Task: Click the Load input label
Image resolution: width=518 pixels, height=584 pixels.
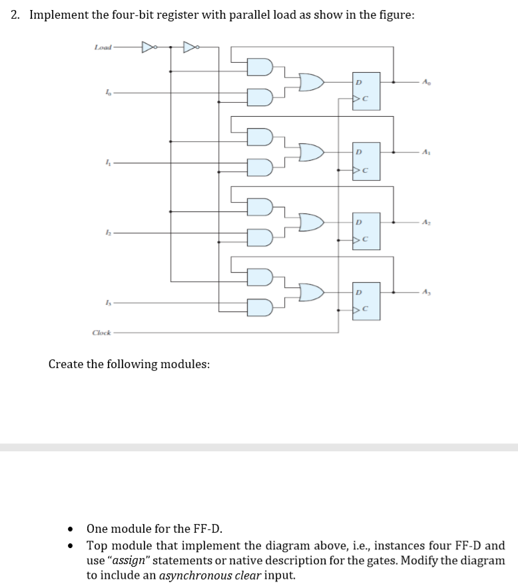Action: point(103,47)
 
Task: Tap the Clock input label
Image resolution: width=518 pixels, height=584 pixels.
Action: point(101,332)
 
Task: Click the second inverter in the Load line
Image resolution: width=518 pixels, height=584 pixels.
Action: point(190,47)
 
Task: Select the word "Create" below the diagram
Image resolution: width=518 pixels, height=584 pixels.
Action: point(68,365)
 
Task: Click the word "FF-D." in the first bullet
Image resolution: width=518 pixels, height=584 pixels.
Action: point(206,529)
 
